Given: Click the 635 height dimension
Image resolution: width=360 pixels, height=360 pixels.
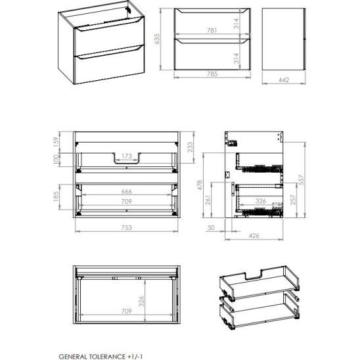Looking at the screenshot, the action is (x=157, y=39).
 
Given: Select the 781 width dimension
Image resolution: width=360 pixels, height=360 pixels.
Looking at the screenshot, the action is (x=212, y=30).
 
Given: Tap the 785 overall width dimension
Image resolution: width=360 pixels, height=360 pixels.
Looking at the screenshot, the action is (x=212, y=74).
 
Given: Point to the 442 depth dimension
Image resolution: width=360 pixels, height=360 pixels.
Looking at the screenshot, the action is (x=284, y=80).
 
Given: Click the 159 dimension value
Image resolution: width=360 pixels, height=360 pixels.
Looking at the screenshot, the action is (x=56, y=143).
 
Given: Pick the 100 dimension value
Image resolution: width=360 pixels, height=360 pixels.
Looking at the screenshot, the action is (x=56, y=160).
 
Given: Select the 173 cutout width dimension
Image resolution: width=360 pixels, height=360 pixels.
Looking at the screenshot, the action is (x=127, y=156).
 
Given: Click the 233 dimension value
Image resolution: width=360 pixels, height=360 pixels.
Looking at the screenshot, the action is (x=191, y=147).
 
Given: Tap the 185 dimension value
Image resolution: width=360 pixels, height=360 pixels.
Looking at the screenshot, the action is (x=56, y=196).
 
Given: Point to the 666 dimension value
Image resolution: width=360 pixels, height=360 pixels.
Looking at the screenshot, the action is (x=127, y=191).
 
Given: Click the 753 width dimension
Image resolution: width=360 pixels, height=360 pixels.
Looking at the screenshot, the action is (x=127, y=227).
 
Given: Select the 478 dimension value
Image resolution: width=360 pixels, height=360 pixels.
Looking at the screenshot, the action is (x=200, y=185).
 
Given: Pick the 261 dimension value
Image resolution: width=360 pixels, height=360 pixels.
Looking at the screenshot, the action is (x=208, y=200).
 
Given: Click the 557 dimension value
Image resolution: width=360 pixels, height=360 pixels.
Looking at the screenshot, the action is (x=302, y=180).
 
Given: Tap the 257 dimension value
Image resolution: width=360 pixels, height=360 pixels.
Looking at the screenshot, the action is (x=293, y=200).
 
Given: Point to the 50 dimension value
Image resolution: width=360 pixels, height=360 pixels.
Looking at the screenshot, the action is (x=211, y=227).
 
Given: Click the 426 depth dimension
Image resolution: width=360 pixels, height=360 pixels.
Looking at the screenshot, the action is (x=254, y=236).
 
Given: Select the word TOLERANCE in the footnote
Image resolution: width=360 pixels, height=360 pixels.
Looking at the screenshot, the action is (x=107, y=357).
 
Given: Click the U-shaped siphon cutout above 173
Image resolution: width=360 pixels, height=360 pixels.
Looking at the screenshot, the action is (x=127, y=162).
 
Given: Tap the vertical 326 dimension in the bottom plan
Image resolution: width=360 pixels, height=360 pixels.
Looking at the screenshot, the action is (x=141, y=302).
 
